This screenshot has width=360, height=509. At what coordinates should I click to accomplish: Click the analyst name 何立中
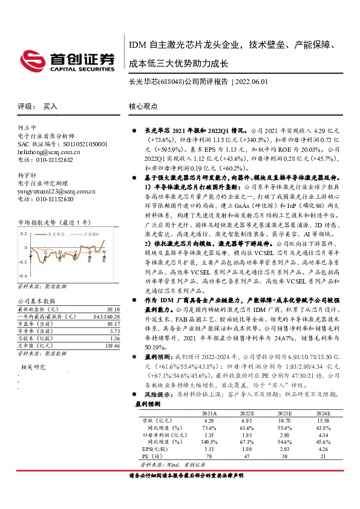pos(24,128)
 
